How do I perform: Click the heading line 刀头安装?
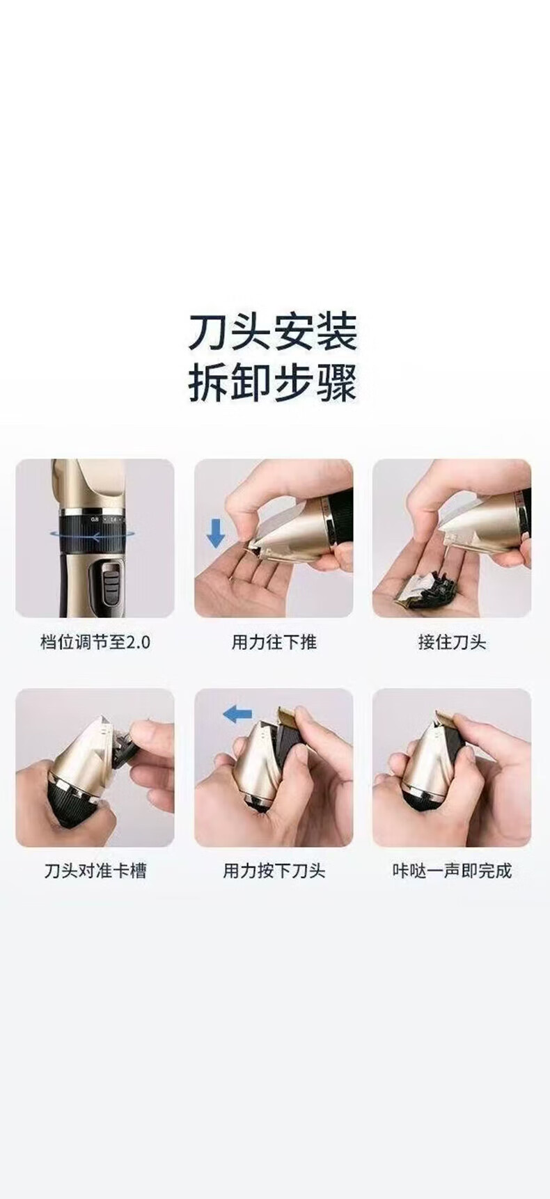coord(273,332)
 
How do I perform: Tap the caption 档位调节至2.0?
coord(95,641)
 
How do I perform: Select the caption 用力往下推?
coord(274,641)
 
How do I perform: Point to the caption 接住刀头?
coord(452,641)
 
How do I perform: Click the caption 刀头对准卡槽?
coord(95,871)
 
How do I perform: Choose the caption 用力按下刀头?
coord(274,871)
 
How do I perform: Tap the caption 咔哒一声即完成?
coord(452,871)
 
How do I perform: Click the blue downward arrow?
coord(217,532)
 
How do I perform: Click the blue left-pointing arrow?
coord(237,713)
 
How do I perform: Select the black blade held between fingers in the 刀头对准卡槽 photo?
coord(125,744)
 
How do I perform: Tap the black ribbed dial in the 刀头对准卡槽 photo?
coord(70,800)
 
